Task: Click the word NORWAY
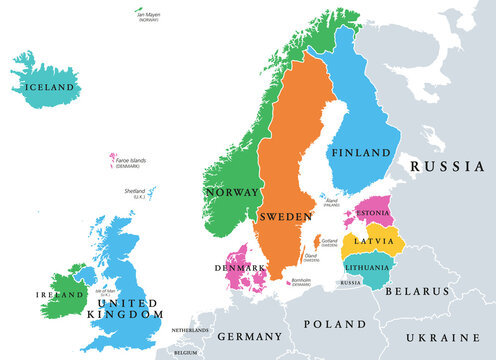pos(231,191)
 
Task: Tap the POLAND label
pos(334,325)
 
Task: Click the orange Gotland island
pos(317,244)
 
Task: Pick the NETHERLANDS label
pos(190,329)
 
